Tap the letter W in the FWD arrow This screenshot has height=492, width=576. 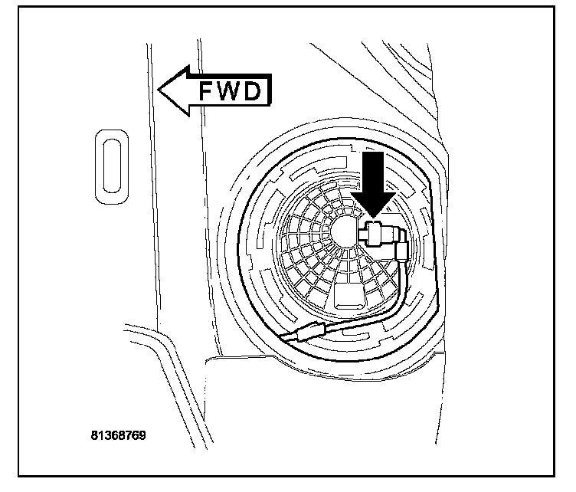[231, 91]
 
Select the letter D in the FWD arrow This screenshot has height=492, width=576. [255, 91]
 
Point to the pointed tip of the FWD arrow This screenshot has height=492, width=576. [159, 90]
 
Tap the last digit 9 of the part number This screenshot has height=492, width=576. [142, 434]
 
